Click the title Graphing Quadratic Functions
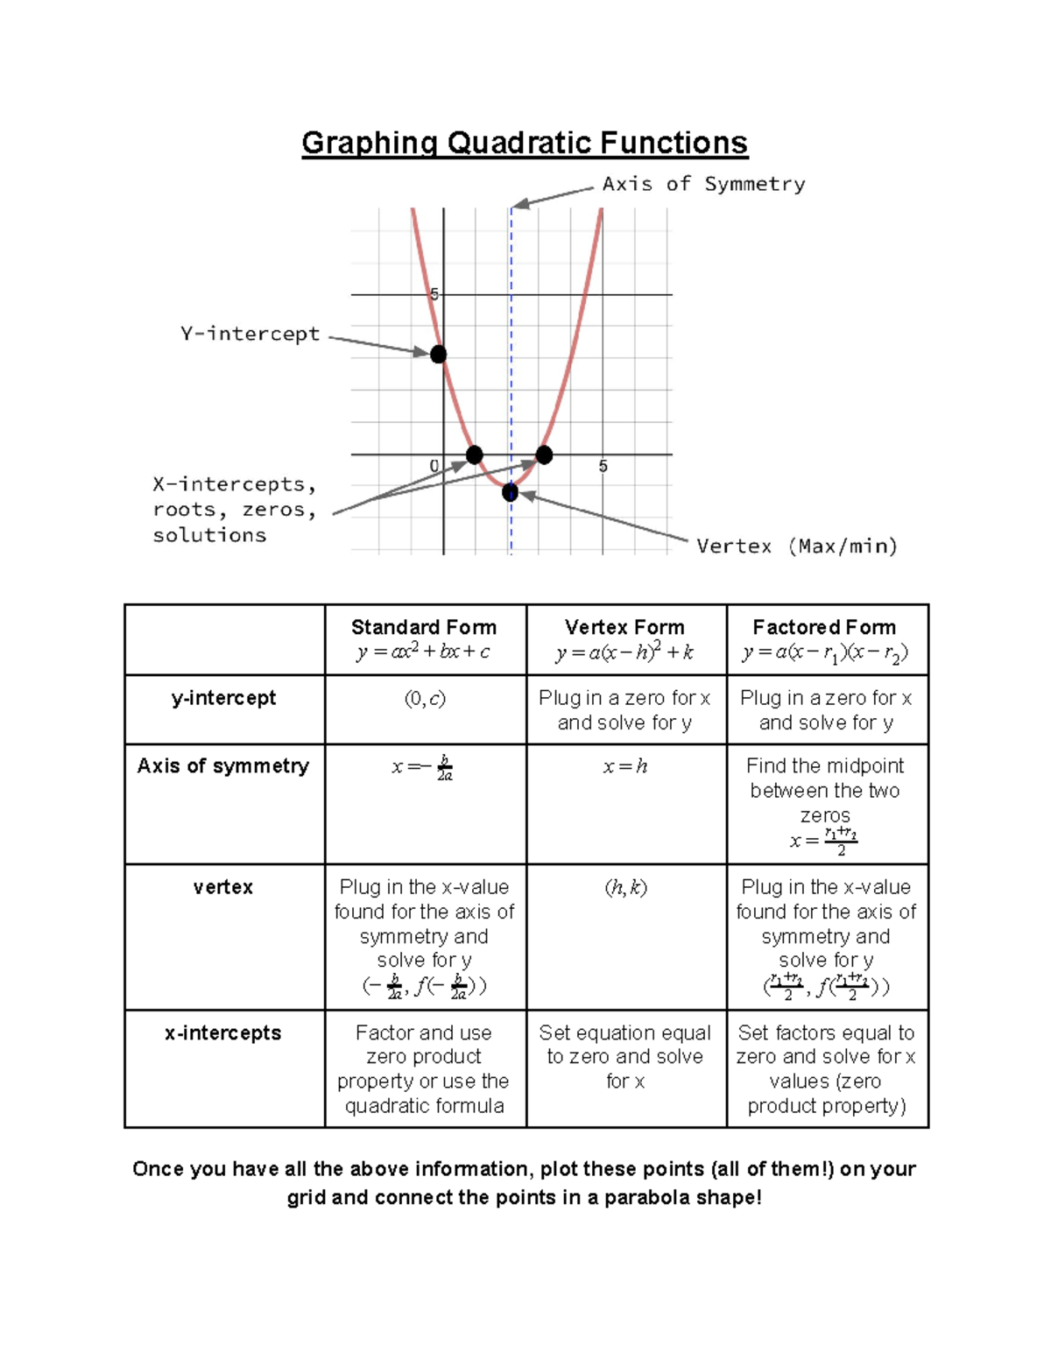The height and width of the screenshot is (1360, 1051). [525, 143]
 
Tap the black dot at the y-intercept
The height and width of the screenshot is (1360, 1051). [438, 354]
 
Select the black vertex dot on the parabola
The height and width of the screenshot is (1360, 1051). [510, 493]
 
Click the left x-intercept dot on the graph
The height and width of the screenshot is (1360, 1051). [474, 455]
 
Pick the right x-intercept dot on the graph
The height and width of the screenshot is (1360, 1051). [544, 455]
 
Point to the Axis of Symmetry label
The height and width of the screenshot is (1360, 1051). [703, 184]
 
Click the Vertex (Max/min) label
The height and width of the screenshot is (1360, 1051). [797, 546]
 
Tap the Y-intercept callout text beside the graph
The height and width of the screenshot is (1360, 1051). [250, 334]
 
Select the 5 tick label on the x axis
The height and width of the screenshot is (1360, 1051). [603, 467]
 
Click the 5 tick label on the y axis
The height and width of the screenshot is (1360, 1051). [433, 294]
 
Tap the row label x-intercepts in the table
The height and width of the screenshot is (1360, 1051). [223, 1033]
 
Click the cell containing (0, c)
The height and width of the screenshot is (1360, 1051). [425, 699]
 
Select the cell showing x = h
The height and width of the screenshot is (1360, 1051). [624, 767]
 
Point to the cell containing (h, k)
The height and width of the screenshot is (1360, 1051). [625, 888]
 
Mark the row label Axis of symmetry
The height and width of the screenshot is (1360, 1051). [223, 766]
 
